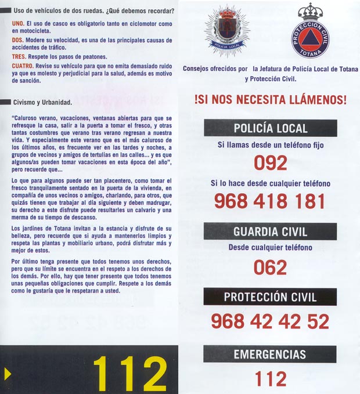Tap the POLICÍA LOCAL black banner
pyautogui.click(x=270, y=128)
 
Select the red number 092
pyautogui.click(x=271, y=163)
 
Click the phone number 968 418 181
pyautogui.click(x=270, y=201)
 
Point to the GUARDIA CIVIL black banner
pyautogui.click(x=270, y=232)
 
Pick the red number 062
pyautogui.click(x=271, y=267)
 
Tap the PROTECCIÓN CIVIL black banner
pyautogui.click(x=270, y=297)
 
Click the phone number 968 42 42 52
pyautogui.click(x=270, y=321)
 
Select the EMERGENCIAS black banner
pyautogui.click(x=270, y=354)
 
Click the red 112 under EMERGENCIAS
pyautogui.click(x=271, y=379)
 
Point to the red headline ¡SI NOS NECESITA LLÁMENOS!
pyautogui.click(x=271, y=99)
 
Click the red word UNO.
pyautogui.click(x=17, y=23)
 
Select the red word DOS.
pyautogui.click(x=17, y=39)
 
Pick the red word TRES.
pyautogui.click(x=19, y=56)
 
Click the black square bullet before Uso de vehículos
pyautogui.click(x=6, y=10)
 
